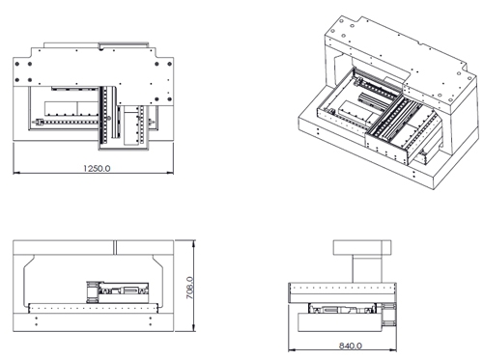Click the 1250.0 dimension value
pyautogui.click(x=97, y=168)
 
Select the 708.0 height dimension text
pyautogui.click(x=190, y=288)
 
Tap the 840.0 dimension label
pyautogui.click(x=350, y=346)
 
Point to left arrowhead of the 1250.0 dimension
pyautogui.click(x=16, y=173)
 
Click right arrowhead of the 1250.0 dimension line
pyautogui.click(x=170, y=173)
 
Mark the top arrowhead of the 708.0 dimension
pyautogui.click(x=193, y=243)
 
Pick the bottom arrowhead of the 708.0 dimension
pyautogui.click(x=193, y=328)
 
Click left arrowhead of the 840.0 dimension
pyautogui.click(x=292, y=350)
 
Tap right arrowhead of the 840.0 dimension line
pyautogui.click(x=393, y=350)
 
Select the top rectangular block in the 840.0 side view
pyautogui.click(x=362, y=248)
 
